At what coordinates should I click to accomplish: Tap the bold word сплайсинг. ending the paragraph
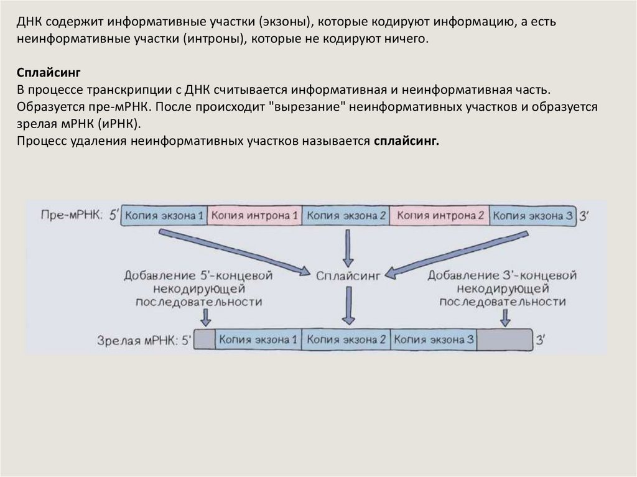[406, 141]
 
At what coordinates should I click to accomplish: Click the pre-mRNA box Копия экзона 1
[164, 216]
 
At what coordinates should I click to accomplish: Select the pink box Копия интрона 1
[254, 216]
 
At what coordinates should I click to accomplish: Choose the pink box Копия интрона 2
[440, 216]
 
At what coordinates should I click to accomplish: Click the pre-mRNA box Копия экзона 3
[532, 216]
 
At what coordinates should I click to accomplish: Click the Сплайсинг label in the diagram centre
[348, 274]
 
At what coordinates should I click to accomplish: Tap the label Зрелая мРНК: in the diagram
[137, 340]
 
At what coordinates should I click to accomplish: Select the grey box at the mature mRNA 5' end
[206, 340]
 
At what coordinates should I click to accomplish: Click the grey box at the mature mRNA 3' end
[506, 340]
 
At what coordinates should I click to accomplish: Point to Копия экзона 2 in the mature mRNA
[346, 340]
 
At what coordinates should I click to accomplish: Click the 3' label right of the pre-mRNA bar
[584, 216]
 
